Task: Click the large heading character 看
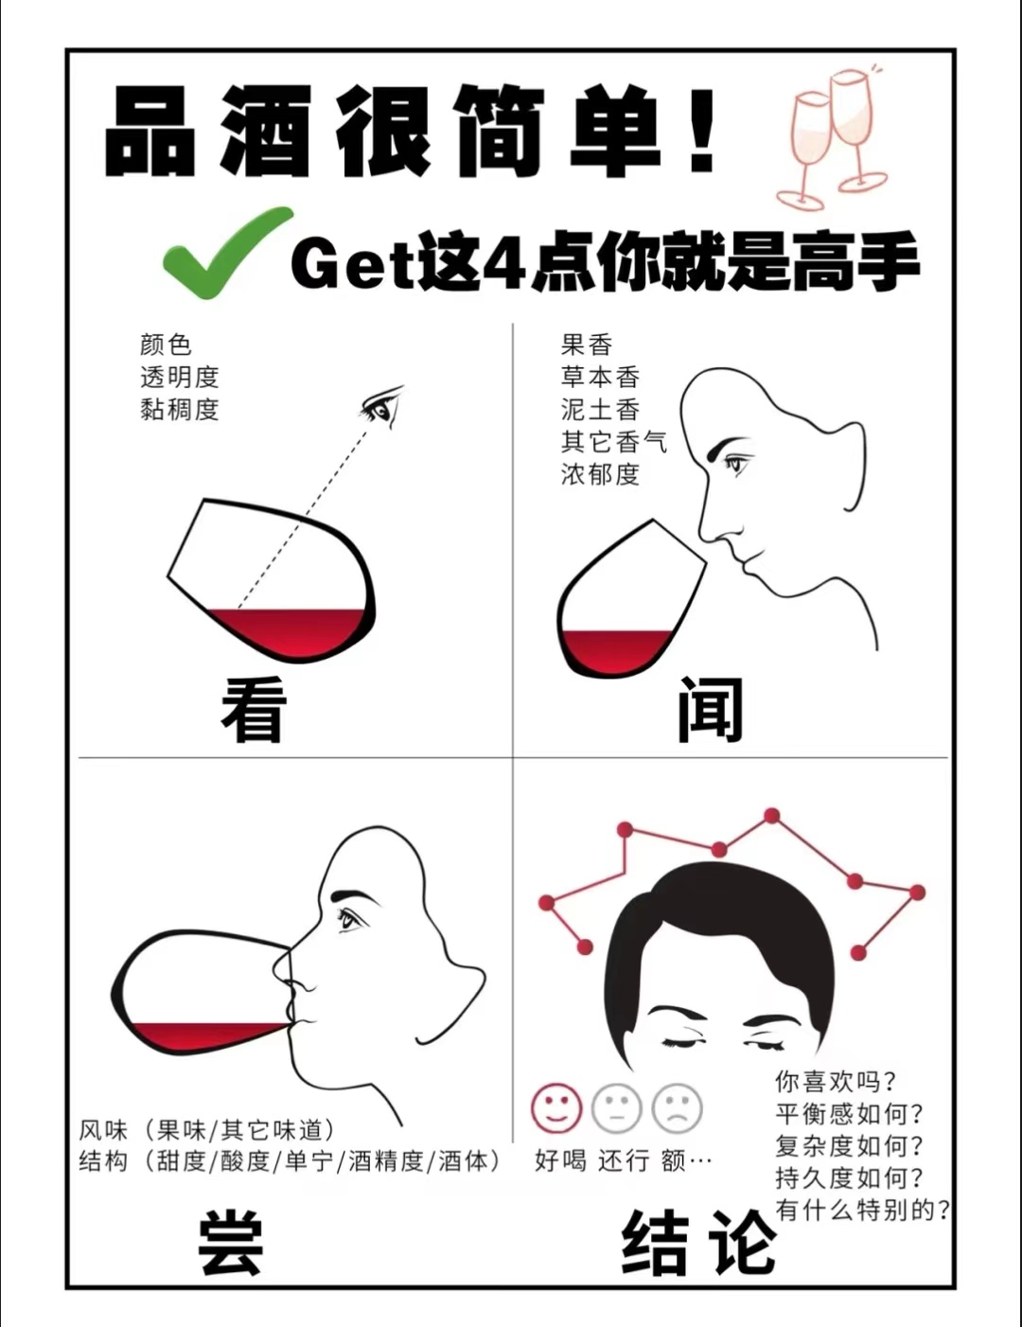pyautogui.click(x=254, y=710)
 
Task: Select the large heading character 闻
pyautogui.click(x=711, y=710)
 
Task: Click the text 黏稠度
pyautogui.click(x=180, y=409)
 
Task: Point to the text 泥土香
pyautogui.click(x=600, y=409)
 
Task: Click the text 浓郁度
pyautogui.click(x=600, y=474)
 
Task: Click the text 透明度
pyautogui.click(x=180, y=377)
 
